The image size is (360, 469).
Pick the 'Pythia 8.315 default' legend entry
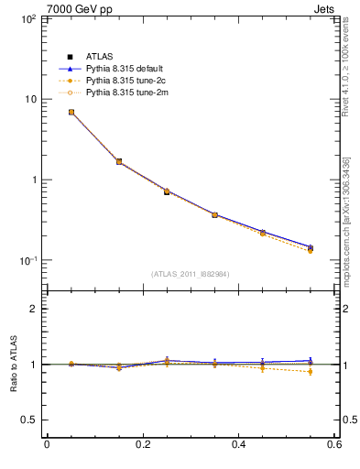pos(124,69)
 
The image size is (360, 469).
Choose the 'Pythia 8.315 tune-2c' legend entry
pos(124,81)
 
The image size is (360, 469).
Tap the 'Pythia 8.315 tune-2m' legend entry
pos(124,93)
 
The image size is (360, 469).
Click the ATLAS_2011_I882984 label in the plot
pos(191,274)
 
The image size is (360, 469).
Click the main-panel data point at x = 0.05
pos(71,112)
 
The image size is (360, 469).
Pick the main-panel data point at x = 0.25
pos(167,191)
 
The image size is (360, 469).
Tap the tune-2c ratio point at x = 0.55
pos(311,371)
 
